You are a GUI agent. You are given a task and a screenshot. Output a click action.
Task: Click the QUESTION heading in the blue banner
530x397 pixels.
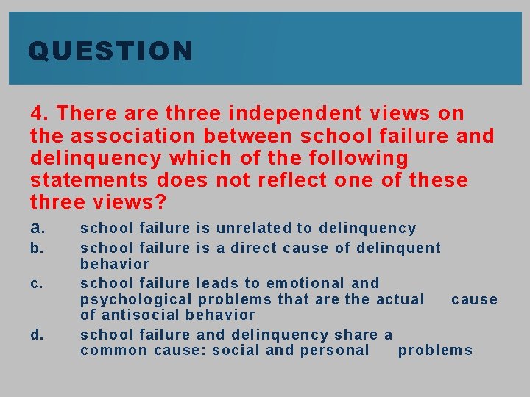[110, 51]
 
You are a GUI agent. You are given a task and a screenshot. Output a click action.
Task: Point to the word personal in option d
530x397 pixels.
[335, 351]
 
